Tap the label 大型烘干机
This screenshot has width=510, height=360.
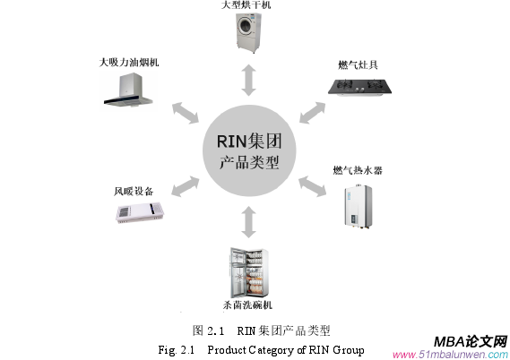click(248, 5)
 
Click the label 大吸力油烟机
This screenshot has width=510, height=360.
click(129, 64)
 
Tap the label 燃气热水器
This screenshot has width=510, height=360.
click(357, 170)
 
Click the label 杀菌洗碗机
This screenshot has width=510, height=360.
click(247, 305)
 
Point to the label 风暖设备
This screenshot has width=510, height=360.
click(134, 191)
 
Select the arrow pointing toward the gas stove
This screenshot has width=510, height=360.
click(311, 112)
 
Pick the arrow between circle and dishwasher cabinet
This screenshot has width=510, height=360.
click(248, 220)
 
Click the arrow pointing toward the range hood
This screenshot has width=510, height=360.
click(186, 112)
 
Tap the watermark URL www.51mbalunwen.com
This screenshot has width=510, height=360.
click(450, 354)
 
